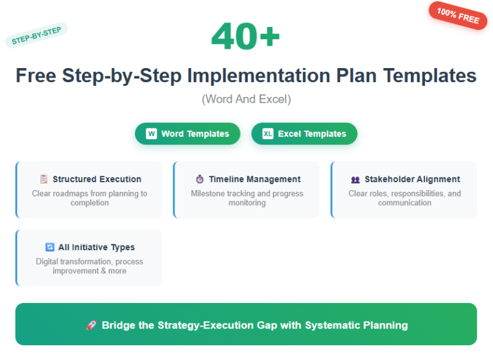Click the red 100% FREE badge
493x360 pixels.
(x=458, y=15)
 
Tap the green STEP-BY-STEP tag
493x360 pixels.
(x=36, y=35)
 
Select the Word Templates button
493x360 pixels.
(x=187, y=133)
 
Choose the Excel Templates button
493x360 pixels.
(x=304, y=133)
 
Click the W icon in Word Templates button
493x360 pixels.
(x=151, y=133)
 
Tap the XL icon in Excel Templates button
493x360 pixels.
(x=268, y=133)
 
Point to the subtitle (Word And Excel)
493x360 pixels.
(x=246, y=99)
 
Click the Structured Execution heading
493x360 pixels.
(x=97, y=179)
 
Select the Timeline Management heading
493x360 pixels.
(x=254, y=179)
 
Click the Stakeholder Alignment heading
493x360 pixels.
(x=412, y=179)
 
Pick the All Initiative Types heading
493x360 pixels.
(x=96, y=247)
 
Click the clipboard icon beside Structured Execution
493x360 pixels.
(x=44, y=179)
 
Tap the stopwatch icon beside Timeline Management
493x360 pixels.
(x=200, y=179)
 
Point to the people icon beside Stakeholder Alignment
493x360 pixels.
(x=356, y=180)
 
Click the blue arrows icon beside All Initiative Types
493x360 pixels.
(x=50, y=247)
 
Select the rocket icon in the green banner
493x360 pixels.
(x=91, y=325)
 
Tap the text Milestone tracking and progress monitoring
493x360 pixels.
(x=246, y=198)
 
